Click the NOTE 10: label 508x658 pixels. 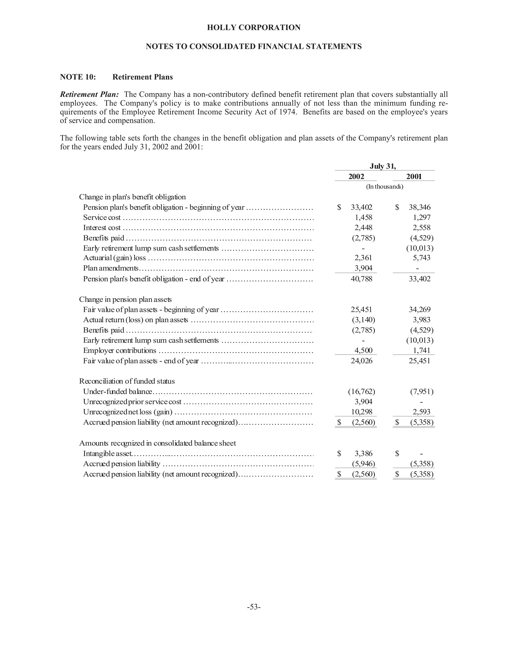(x=78, y=77)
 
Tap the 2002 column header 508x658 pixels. (x=356, y=177)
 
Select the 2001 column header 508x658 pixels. (x=414, y=177)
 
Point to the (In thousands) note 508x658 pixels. (x=384, y=186)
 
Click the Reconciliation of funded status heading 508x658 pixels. (x=127, y=381)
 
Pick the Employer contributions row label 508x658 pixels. (x=120, y=351)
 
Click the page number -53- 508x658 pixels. (x=254, y=607)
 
